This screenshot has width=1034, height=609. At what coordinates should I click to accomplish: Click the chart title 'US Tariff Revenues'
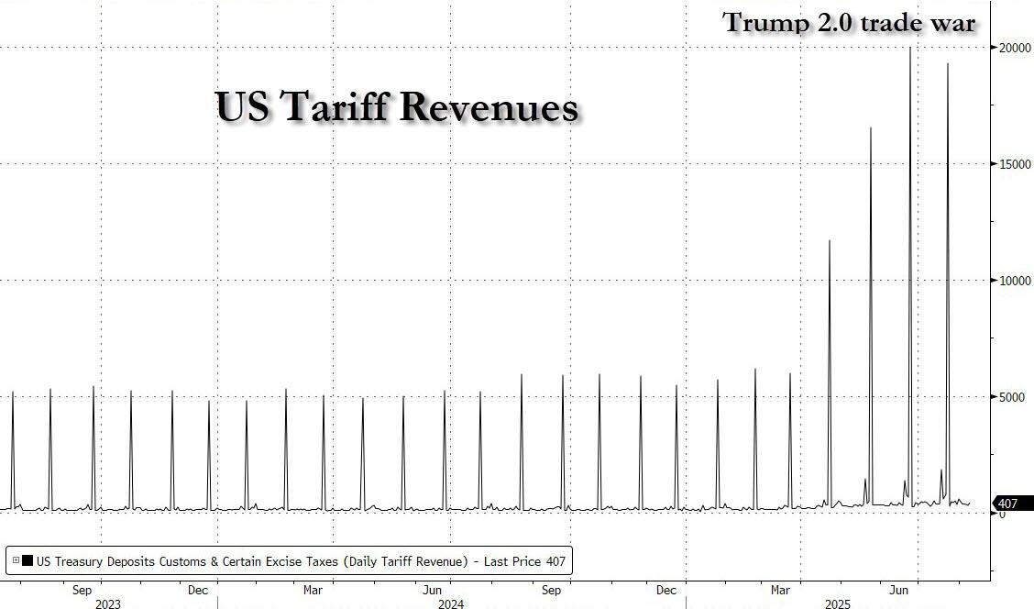coord(397,106)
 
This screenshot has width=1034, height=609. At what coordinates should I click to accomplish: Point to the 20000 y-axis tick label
coord(1015,48)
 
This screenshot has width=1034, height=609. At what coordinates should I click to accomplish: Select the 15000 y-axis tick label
coord(1015,164)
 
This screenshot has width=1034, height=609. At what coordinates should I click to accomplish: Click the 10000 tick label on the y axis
coord(1015,281)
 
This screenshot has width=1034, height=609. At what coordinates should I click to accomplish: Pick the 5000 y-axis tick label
coord(1011,397)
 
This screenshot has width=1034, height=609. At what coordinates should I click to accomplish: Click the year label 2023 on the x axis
coord(107,603)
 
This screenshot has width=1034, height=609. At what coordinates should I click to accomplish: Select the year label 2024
coord(450,603)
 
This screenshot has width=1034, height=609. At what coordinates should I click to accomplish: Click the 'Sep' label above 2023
coord(82,590)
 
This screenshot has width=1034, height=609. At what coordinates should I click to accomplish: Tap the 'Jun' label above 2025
coord(901,590)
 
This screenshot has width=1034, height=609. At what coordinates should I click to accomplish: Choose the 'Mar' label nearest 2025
coord(781,590)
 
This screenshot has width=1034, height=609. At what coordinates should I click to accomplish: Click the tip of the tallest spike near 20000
coord(909,48)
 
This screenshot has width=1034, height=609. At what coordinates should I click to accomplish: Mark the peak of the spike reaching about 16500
coord(870,128)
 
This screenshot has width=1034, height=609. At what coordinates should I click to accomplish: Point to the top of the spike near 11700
coord(830,240)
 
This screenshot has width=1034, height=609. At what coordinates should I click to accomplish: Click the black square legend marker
coord(27,561)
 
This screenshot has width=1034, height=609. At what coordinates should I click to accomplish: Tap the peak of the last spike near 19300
coord(948,64)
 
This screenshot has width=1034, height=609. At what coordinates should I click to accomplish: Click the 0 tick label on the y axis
coord(1002,514)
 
